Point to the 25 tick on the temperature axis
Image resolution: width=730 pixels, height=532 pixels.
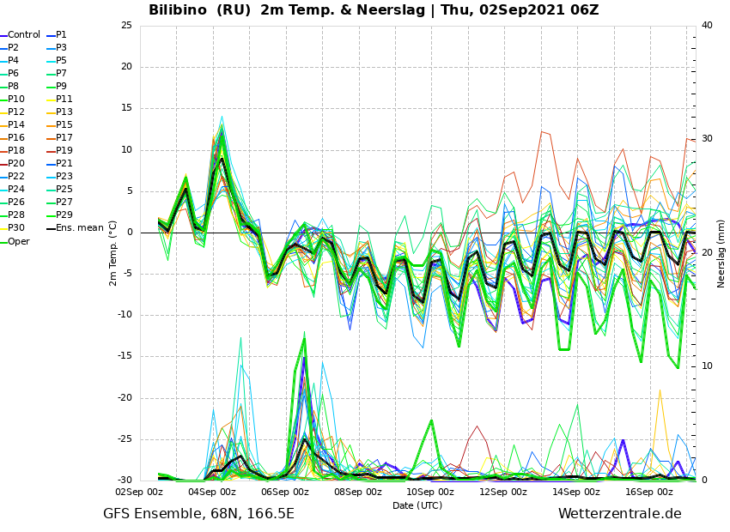coord(126,25)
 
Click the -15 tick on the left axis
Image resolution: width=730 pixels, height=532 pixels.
coord(125,356)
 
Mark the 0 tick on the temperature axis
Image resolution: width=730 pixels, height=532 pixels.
coord(130,232)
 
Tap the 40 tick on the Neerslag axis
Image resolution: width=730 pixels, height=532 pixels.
coord(707,25)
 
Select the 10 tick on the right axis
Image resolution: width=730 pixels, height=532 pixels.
coord(707,366)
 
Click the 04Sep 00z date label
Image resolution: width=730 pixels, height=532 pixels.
coord(212,492)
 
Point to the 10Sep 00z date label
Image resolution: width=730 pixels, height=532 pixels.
coord(430,492)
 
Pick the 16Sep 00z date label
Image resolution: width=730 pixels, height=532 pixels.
coord(648,492)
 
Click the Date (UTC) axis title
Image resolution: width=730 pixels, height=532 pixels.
coord(417,505)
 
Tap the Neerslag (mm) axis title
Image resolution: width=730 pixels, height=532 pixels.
coord(721,254)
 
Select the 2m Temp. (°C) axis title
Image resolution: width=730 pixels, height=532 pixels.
coord(113,253)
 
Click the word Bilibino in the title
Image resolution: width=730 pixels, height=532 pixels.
coord(178,9)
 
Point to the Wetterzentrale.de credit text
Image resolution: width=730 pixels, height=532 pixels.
coord(620,514)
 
